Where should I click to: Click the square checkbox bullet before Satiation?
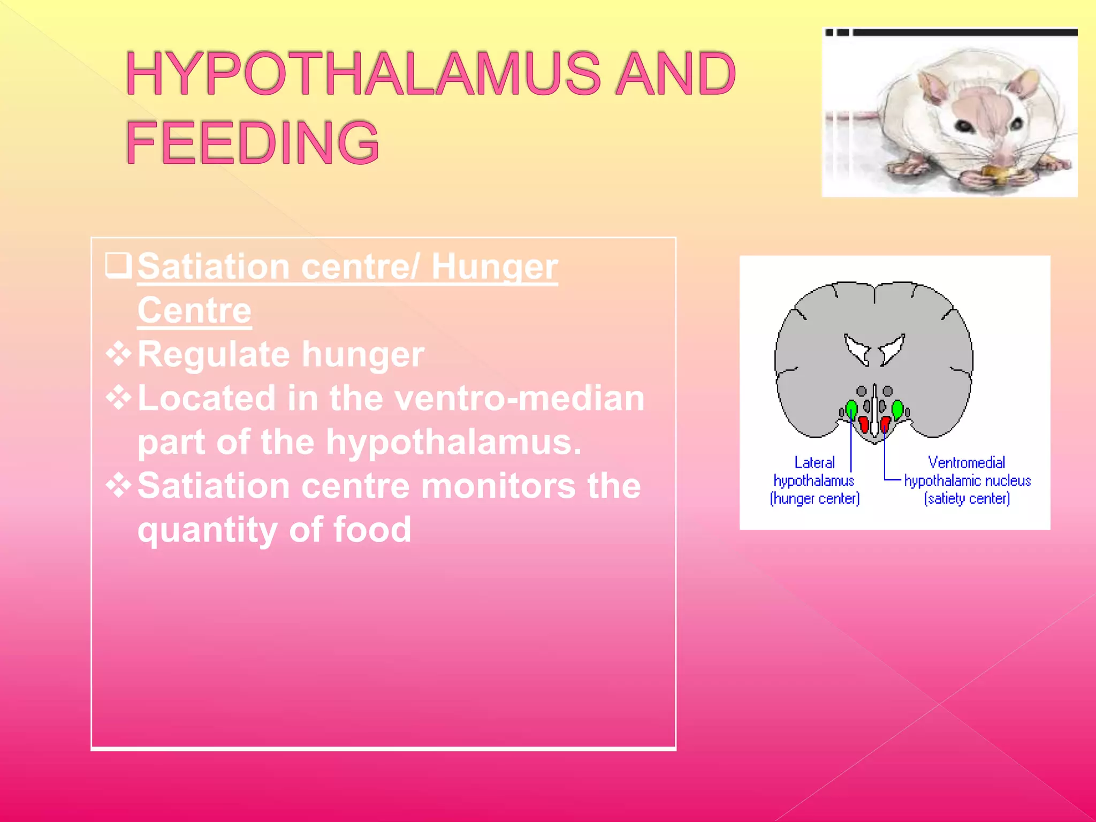118,265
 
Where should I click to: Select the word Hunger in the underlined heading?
494,267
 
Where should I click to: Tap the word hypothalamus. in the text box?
454,442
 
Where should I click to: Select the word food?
372,530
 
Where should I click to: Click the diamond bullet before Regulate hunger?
119,354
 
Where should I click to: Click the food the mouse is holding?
996,173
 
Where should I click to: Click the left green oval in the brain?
851,410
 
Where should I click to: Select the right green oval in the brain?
897,410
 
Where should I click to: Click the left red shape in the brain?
863,424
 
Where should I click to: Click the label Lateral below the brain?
814,462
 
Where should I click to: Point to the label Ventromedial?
966,462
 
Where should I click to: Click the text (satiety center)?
966,499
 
